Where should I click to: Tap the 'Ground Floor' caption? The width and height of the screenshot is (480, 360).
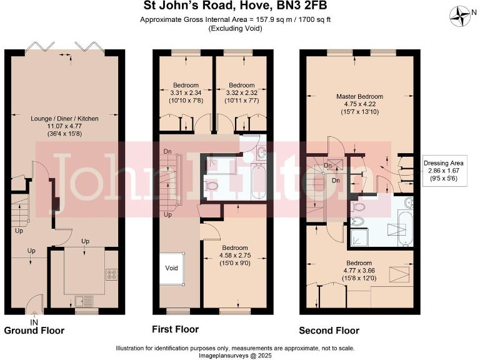click(34, 330)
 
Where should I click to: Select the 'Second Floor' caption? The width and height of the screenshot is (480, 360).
click(329, 330)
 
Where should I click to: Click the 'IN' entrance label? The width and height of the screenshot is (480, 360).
click(34, 321)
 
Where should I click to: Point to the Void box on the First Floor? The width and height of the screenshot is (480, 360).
click(172, 268)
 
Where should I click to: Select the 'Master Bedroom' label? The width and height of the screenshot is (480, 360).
click(359, 96)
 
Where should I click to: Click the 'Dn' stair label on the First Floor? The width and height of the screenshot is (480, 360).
click(167, 151)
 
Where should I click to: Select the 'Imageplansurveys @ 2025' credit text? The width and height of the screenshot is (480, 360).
click(240, 355)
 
